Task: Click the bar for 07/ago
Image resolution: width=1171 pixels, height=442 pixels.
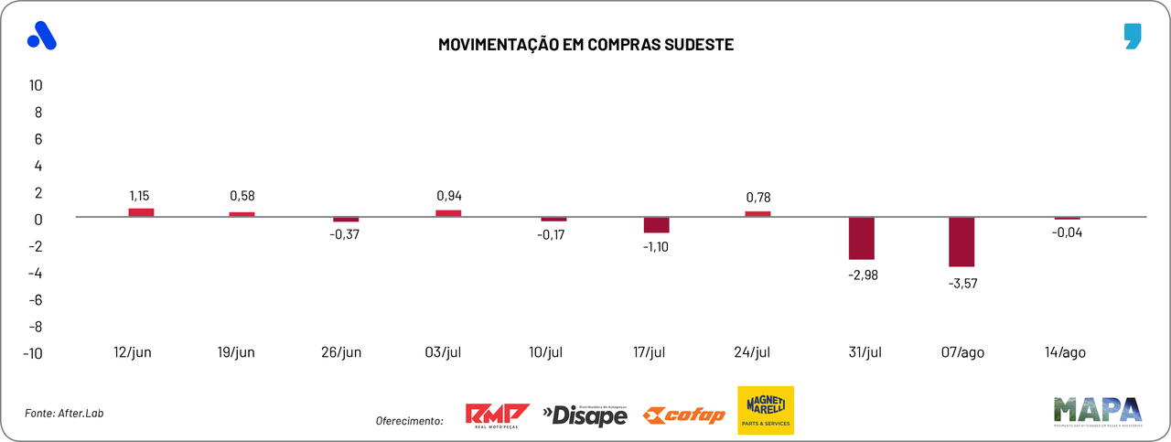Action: click(x=962, y=242)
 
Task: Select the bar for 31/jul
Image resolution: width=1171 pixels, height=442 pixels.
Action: click(x=861, y=238)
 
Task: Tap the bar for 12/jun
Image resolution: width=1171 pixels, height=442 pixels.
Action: click(x=141, y=212)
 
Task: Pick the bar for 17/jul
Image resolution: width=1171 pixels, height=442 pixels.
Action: click(x=656, y=225)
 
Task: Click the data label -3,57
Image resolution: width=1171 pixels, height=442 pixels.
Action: click(x=962, y=284)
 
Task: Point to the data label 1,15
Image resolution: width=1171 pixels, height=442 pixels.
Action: click(x=141, y=196)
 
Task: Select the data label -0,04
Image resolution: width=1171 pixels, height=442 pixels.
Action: click(x=1066, y=232)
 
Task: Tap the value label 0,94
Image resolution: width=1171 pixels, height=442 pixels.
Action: click(x=448, y=196)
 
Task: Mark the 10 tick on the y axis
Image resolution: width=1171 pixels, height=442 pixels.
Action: click(x=36, y=85)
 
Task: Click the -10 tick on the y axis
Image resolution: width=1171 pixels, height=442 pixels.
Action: click(x=33, y=354)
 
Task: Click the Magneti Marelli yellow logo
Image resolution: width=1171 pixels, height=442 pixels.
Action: click(x=766, y=410)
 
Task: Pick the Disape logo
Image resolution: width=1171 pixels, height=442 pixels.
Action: click(x=585, y=416)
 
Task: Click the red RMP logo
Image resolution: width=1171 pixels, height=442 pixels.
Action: click(x=498, y=415)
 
